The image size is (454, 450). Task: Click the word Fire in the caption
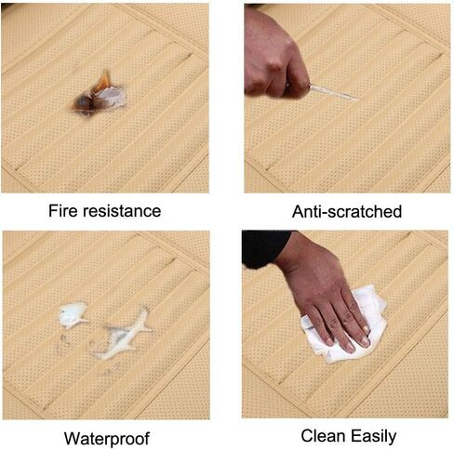coord(63,211)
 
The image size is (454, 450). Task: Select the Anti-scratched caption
coord(347,212)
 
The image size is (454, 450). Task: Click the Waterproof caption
coord(107,439)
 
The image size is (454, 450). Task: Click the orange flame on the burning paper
coord(104,81)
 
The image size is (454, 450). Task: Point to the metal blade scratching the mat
coord(334,92)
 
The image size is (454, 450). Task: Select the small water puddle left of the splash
coord(73,315)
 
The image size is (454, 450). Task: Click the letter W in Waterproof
coord(72,438)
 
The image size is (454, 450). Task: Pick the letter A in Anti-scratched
coord(298,211)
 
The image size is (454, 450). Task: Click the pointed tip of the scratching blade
coord(359,99)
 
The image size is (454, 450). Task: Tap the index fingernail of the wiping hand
coord(367,342)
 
